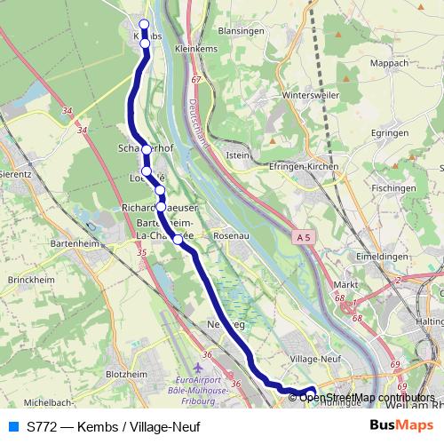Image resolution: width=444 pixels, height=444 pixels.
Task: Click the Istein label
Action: coord(239,155)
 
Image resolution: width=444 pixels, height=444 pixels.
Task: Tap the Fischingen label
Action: coord(393,189)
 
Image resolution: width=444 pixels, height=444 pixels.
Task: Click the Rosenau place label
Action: coord(230,236)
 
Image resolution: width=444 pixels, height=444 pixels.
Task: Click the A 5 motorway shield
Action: coord(304,236)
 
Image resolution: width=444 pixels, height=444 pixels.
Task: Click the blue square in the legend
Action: coord(12,426)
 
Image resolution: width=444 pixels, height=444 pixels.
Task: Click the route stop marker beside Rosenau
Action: coord(178,239)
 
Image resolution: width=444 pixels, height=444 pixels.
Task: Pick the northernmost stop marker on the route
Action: coord(145,24)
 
